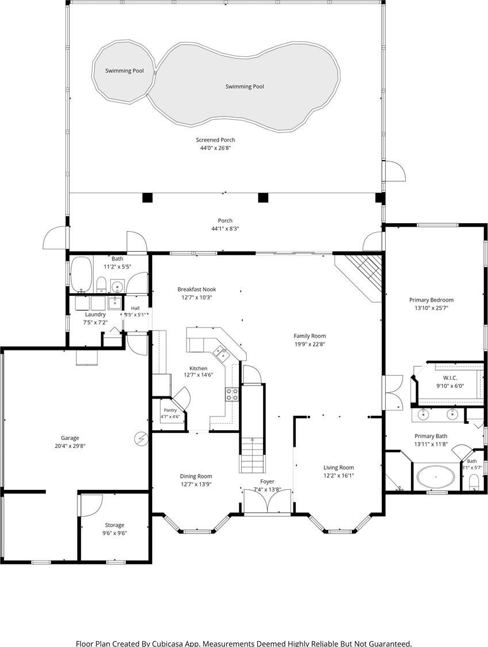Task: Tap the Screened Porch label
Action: click(x=215, y=140)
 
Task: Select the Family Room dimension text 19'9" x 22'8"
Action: click(x=309, y=344)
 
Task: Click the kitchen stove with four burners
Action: click(x=231, y=394)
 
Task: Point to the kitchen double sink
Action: click(x=220, y=353)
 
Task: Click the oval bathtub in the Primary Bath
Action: click(x=436, y=477)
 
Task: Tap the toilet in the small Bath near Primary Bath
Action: click(x=474, y=482)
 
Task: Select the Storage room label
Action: click(x=114, y=525)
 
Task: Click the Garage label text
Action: click(x=70, y=438)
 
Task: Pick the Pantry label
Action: click(x=170, y=410)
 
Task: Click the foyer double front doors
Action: click(x=268, y=501)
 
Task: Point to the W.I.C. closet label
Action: click(x=450, y=378)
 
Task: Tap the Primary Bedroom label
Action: click(x=431, y=300)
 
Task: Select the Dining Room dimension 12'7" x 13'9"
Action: click(x=196, y=485)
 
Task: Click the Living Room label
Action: click(x=339, y=467)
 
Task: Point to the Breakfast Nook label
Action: click(x=196, y=289)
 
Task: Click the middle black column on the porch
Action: click(x=263, y=198)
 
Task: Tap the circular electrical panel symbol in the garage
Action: click(x=141, y=439)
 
